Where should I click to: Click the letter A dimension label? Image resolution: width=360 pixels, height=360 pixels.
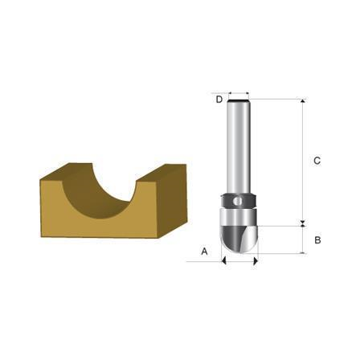coord(204,252)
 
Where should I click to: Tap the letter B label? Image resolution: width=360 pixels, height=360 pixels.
coord(317,240)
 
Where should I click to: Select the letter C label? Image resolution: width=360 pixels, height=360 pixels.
coord(317,161)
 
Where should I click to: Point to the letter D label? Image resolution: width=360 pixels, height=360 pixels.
coord(219,100)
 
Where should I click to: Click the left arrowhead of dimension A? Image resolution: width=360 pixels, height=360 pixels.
coord(223,261)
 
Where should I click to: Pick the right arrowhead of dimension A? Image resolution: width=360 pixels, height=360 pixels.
coord(256,261)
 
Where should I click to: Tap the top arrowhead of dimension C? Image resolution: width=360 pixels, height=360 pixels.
coord(303,100)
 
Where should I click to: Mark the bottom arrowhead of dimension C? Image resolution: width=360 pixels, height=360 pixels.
coord(303,222)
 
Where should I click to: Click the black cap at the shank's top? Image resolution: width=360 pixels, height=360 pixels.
coord(239,100)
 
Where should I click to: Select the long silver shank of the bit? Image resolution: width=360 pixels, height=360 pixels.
coord(239,147)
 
